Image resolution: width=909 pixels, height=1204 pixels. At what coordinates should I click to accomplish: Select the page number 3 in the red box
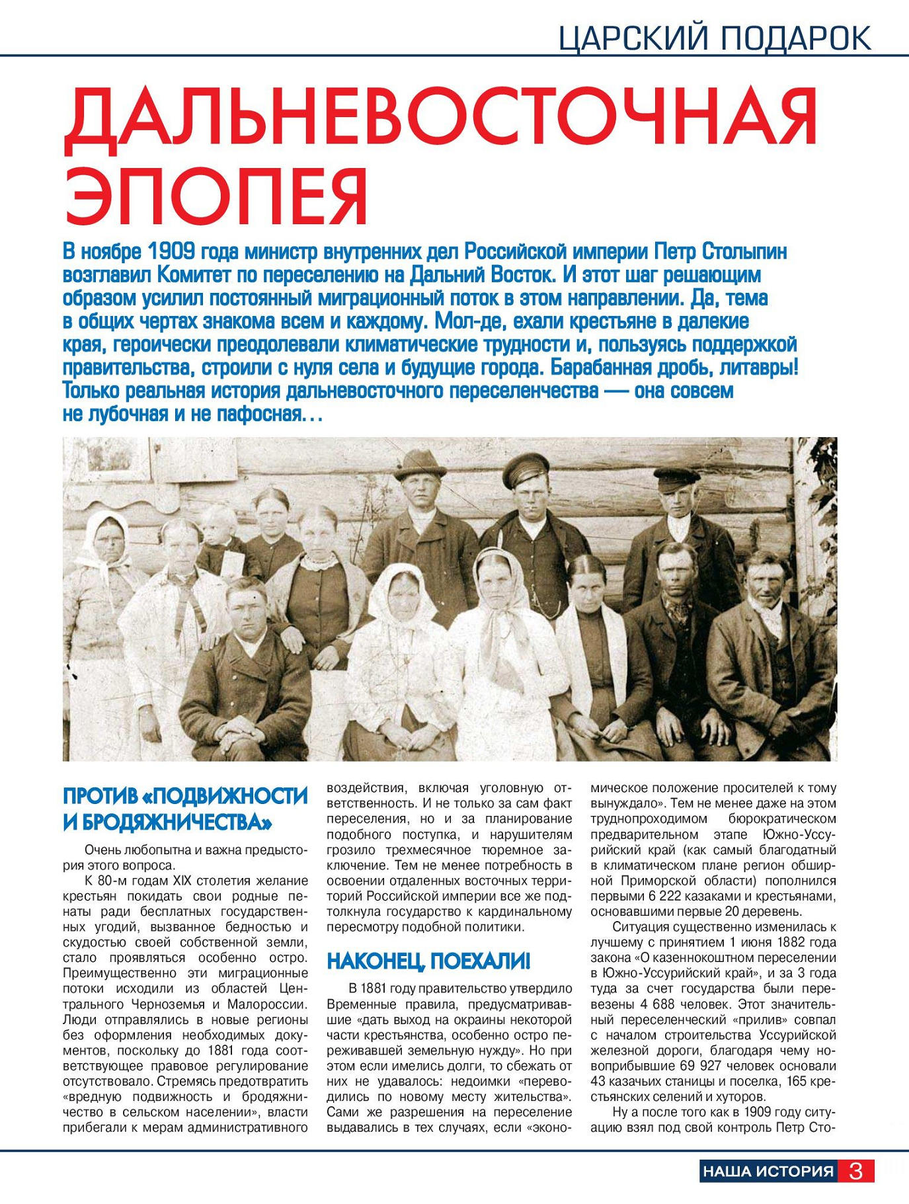pos(855,1171)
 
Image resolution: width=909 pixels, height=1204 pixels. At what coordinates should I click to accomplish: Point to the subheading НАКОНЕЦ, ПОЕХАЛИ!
pos(428,961)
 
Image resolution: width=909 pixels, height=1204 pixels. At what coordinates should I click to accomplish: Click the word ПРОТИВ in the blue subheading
pos(99,795)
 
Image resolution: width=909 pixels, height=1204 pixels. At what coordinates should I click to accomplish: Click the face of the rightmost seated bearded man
pos(767,581)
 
